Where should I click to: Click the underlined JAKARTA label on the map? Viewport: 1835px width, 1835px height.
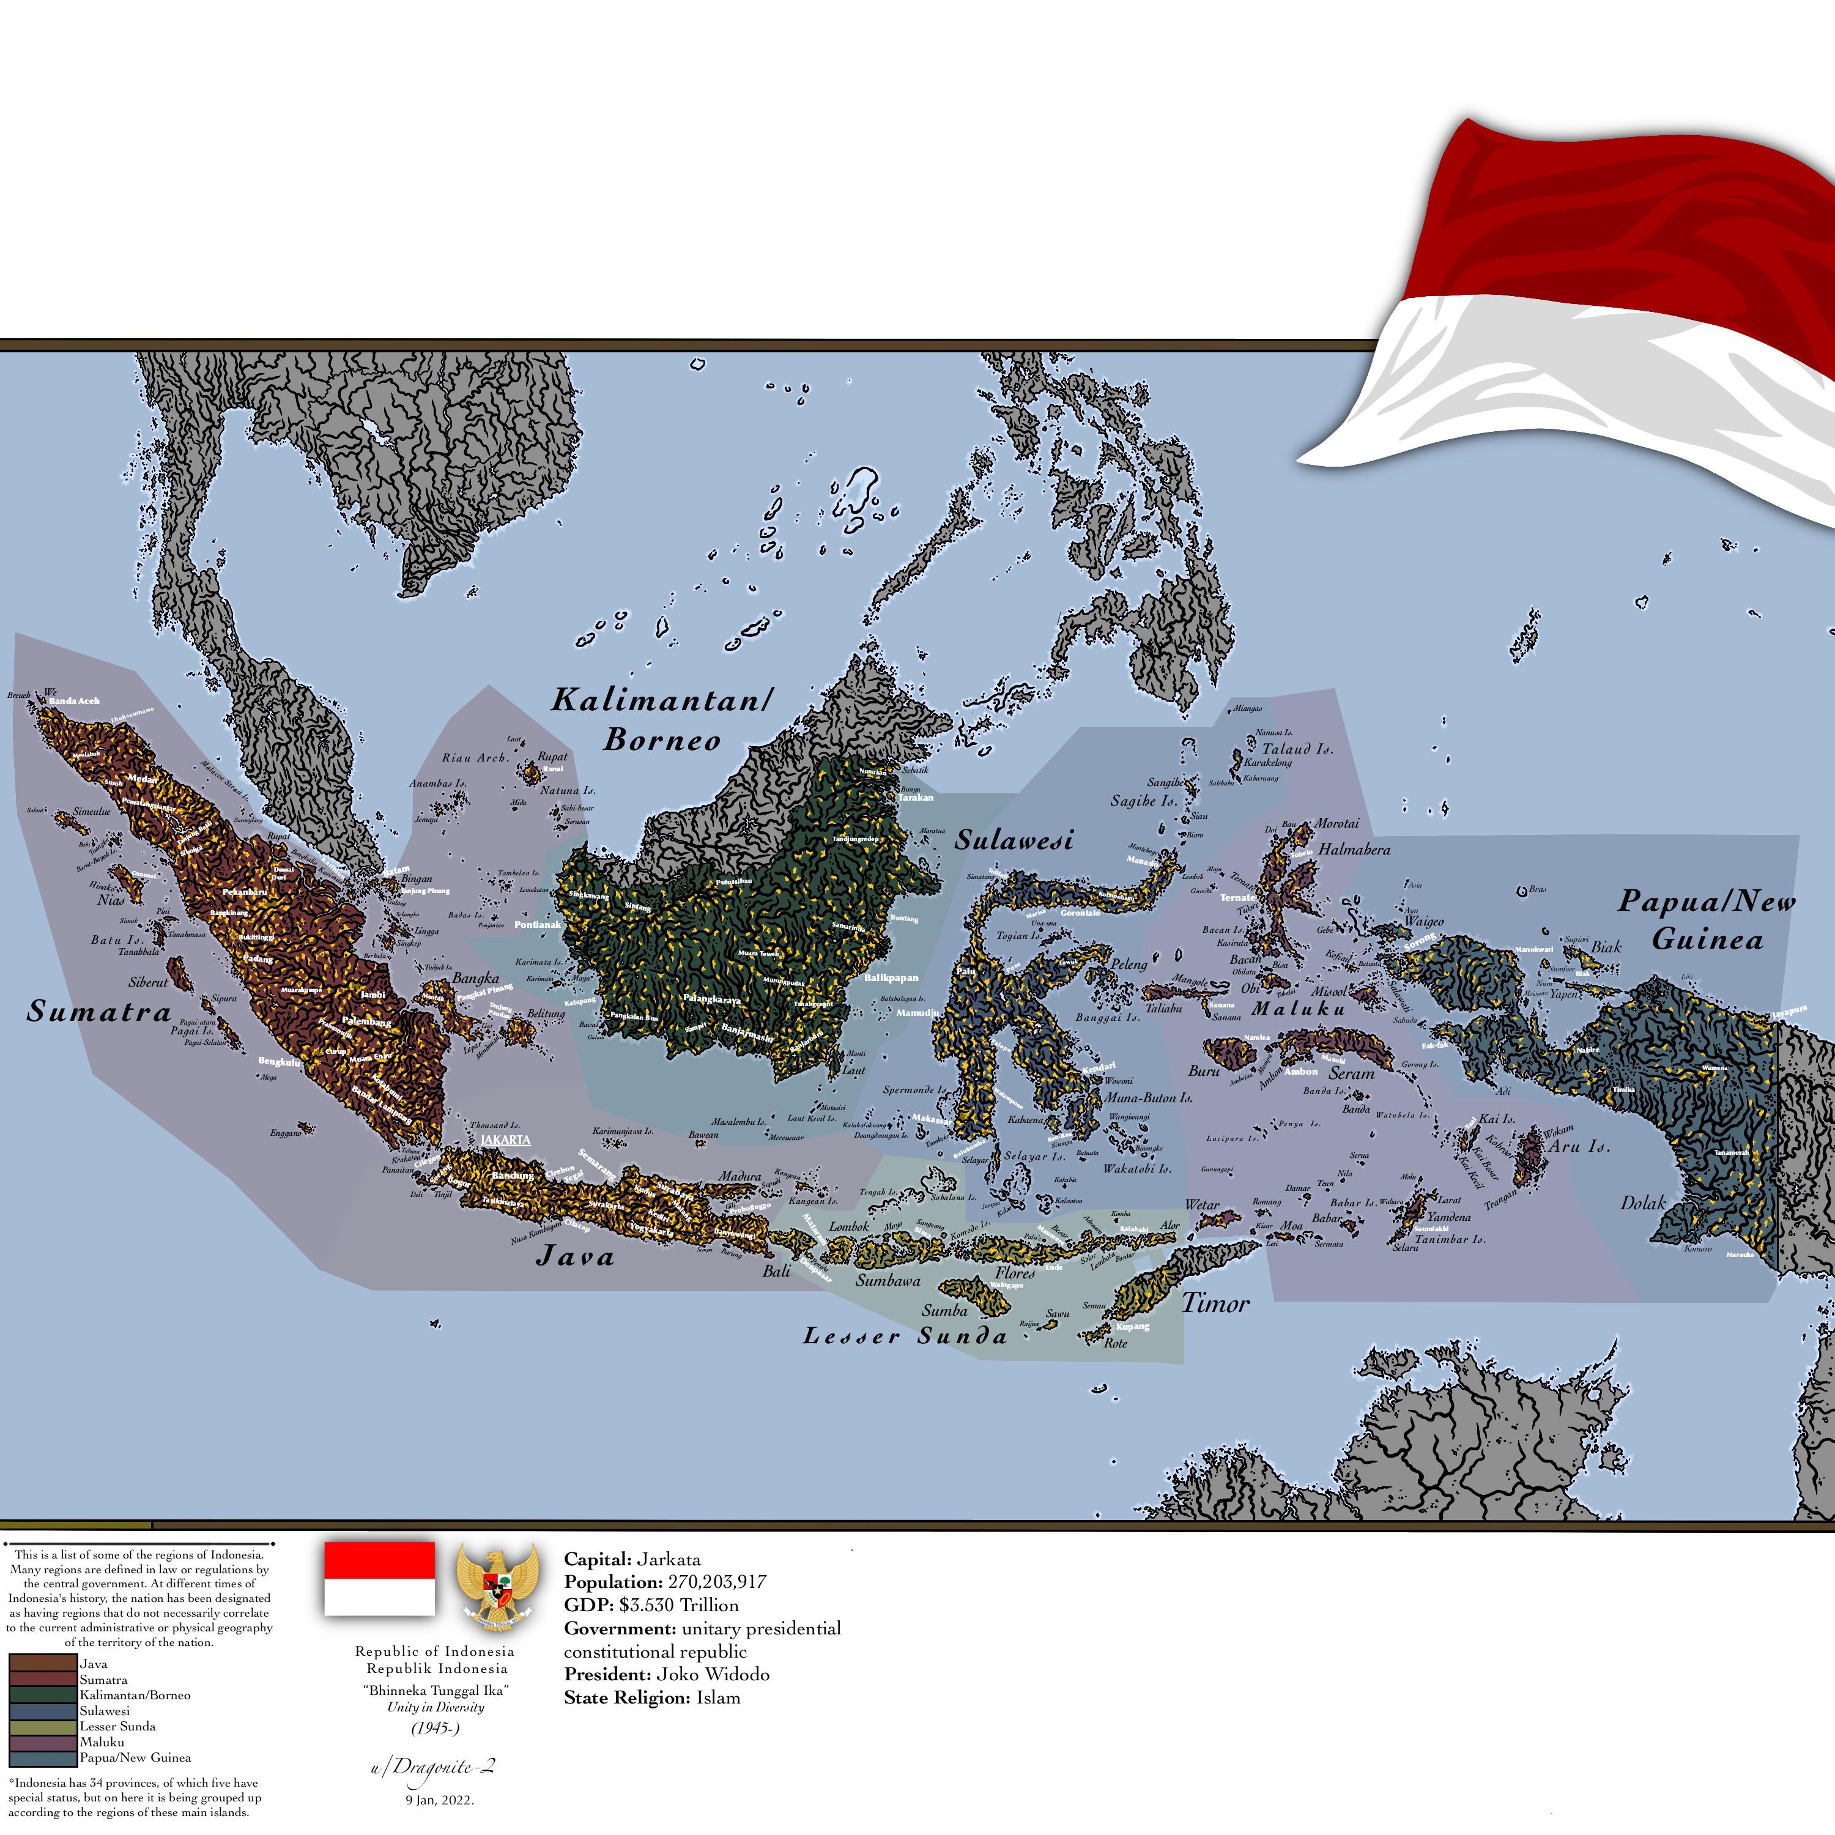pos(505,1140)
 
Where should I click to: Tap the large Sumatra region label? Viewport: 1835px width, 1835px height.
pos(98,1012)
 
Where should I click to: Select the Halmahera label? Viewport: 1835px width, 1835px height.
pos(1354,850)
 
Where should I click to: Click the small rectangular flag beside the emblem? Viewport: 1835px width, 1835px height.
pos(380,1579)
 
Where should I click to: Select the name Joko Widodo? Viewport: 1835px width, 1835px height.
pos(713,1675)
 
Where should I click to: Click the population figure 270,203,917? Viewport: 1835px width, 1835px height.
pos(716,1582)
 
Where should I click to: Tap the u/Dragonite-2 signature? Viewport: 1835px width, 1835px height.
pos(433,1768)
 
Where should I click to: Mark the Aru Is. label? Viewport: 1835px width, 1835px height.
pos(1579,1146)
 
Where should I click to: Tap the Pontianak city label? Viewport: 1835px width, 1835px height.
pos(538,924)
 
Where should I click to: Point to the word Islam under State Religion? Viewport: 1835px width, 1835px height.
pos(718,1697)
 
